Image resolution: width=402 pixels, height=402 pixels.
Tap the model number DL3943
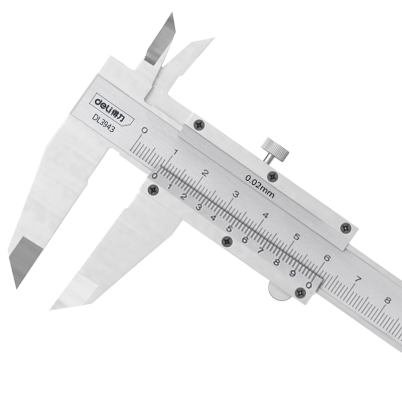(x=104, y=123)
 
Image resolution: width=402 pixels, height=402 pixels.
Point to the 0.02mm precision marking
(x=260, y=186)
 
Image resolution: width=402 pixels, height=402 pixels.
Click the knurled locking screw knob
(x=275, y=150)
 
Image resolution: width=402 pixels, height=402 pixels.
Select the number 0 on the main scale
(x=144, y=131)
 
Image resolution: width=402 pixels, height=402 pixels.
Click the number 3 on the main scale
(x=236, y=194)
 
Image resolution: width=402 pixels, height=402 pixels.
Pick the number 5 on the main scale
(x=296, y=237)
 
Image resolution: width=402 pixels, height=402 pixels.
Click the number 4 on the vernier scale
(x=213, y=218)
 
